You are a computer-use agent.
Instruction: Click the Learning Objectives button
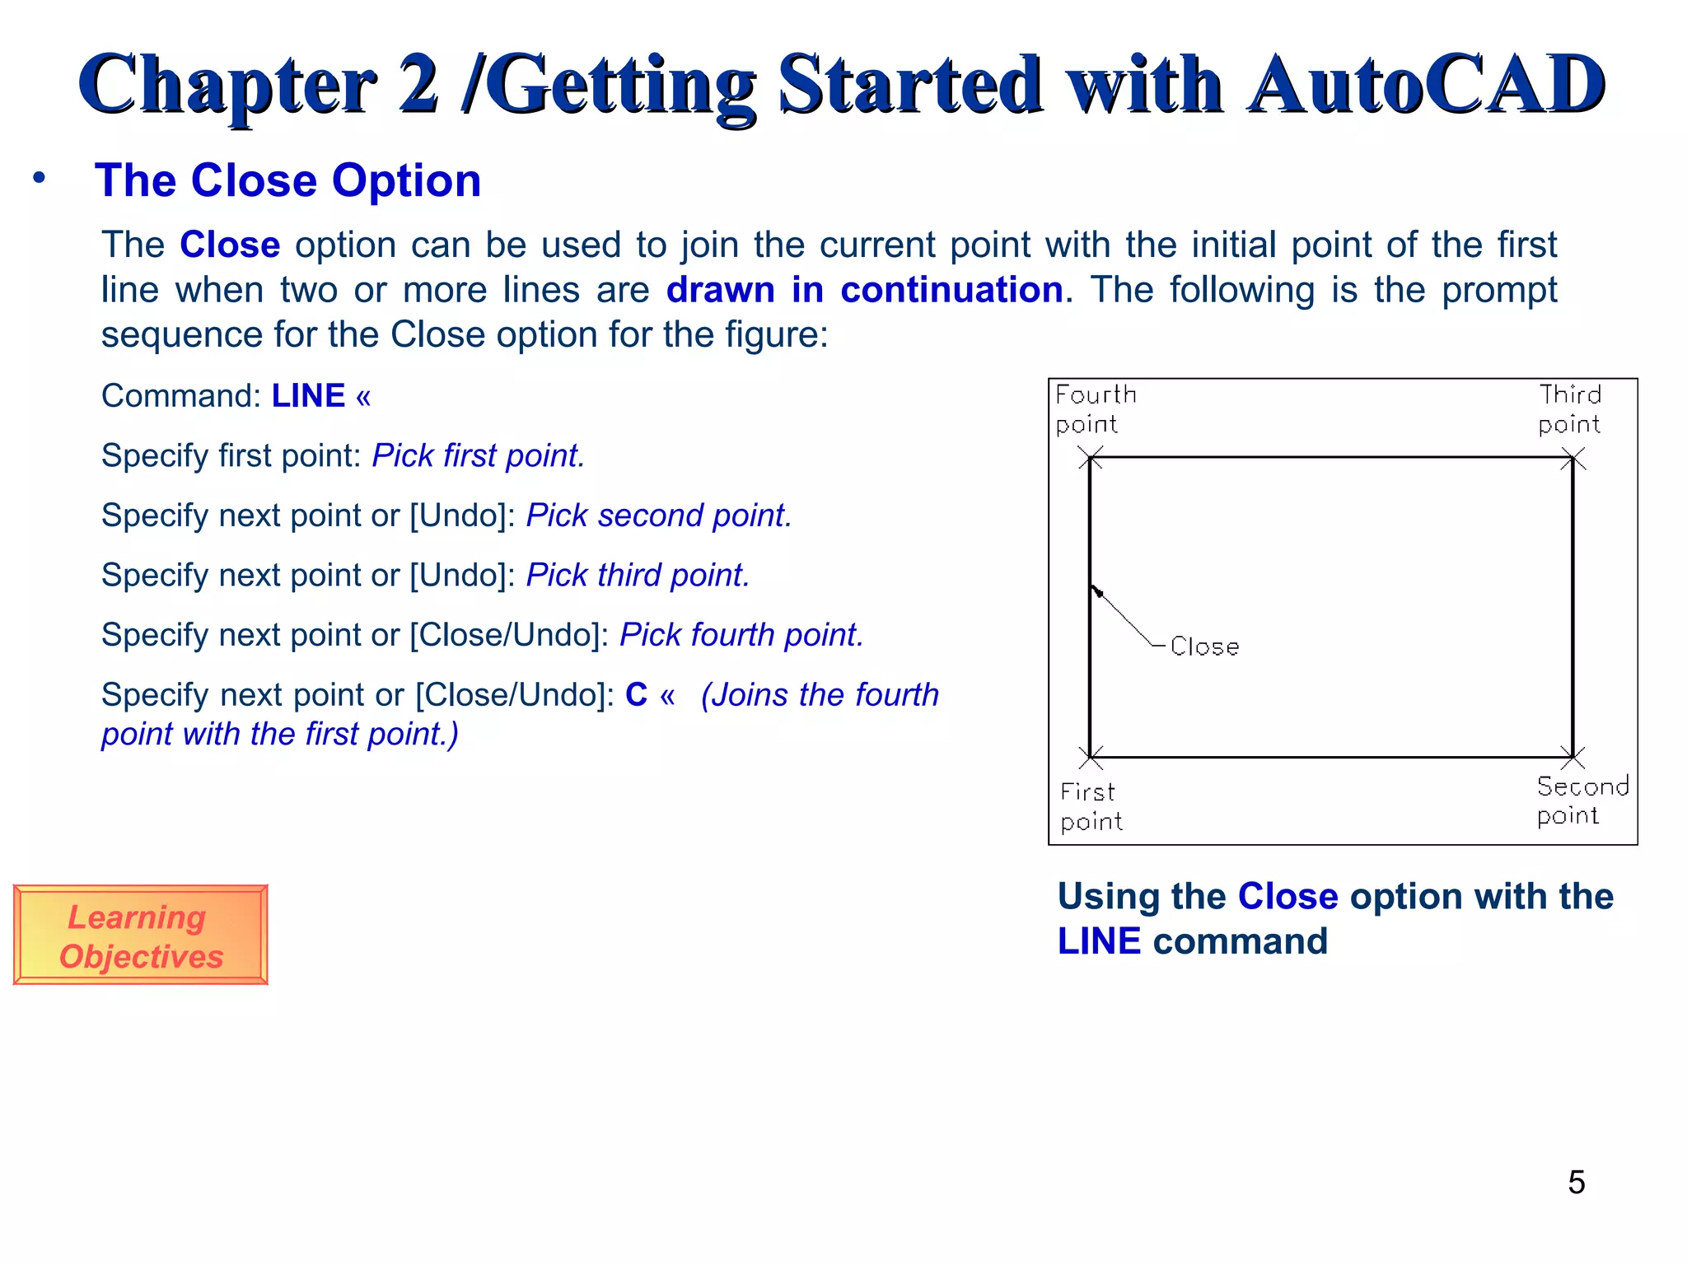tap(140, 936)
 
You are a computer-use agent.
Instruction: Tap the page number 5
tap(1576, 1183)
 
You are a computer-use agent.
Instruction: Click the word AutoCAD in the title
tap(1426, 85)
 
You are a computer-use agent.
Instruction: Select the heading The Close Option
tap(287, 180)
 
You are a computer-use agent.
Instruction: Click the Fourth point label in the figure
tap(1095, 409)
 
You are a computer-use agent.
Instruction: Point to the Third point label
tap(1569, 409)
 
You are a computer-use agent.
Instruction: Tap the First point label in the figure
tap(1091, 806)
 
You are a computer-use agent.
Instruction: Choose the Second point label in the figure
tap(1582, 801)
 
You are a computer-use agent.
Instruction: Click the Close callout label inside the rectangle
tap(1204, 647)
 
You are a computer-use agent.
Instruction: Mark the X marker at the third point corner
tap(1573, 458)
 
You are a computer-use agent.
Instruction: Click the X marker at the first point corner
tap(1091, 757)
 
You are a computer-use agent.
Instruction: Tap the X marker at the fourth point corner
tap(1091, 458)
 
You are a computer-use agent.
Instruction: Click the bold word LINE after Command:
tap(308, 396)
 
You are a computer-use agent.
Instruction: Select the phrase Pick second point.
tap(658, 516)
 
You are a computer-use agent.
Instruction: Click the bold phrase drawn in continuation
tap(864, 290)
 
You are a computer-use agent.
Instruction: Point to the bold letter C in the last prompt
tap(636, 695)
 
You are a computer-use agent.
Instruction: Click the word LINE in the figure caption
tap(1099, 941)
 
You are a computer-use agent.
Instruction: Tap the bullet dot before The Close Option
tap(39, 178)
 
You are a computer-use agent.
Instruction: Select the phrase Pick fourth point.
tap(741, 635)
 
